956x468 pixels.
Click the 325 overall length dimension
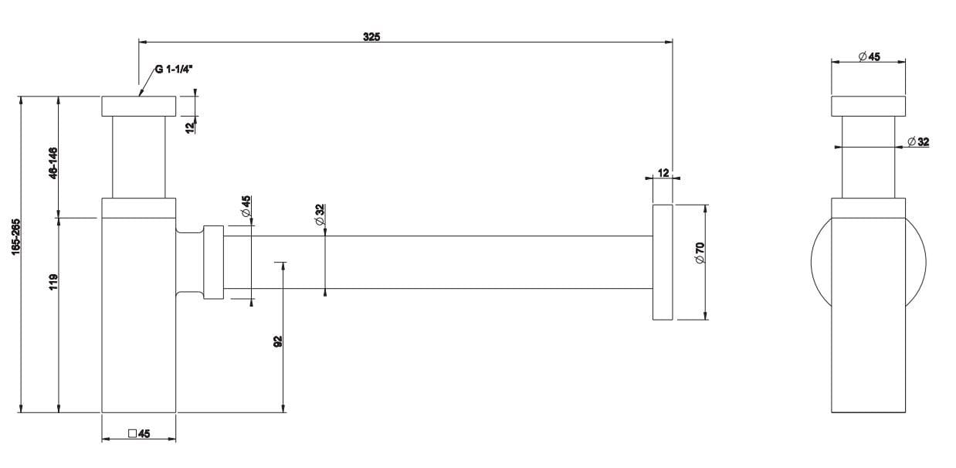pos(371,36)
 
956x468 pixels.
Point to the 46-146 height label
pos(53,163)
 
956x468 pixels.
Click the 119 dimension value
pos(53,281)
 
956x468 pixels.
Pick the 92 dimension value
pos(278,341)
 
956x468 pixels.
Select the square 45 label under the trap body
pos(138,434)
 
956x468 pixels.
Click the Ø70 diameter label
pos(699,253)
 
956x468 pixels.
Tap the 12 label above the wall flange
pos(663,172)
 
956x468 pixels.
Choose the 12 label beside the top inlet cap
pos(190,127)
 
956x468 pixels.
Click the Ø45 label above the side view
pos(869,56)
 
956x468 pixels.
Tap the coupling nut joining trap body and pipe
pos(213,262)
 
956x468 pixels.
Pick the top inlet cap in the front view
pos(139,106)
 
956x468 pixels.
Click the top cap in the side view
pos(868,106)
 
